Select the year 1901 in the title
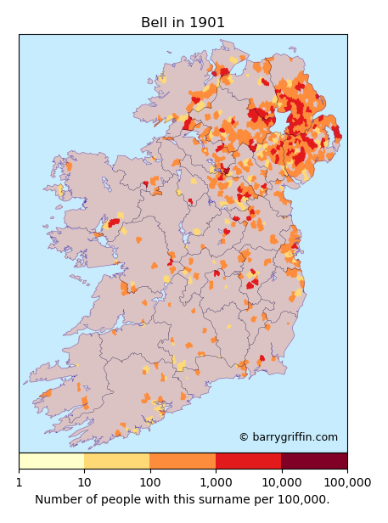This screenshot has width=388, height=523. (x=207, y=22)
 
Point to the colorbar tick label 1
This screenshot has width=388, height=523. (x=19, y=482)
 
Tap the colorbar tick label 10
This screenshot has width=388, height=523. (x=84, y=482)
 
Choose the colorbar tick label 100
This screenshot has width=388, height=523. (x=149, y=482)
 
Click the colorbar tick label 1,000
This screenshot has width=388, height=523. (x=215, y=482)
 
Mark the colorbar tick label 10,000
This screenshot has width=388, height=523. (x=280, y=482)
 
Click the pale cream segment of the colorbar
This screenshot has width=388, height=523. (x=51, y=461)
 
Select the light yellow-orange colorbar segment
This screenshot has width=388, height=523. (x=117, y=461)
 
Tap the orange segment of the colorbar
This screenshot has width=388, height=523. (x=183, y=461)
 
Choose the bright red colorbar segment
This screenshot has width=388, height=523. (x=248, y=461)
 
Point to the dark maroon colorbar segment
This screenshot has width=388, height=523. (x=313, y=461)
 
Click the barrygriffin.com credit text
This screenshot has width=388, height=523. (x=294, y=437)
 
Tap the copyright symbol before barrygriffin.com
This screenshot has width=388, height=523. (x=244, y=437)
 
